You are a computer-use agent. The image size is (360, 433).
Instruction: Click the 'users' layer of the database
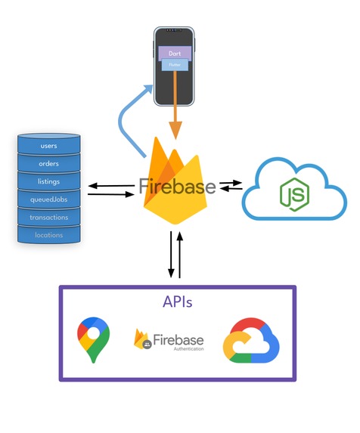coord(48,145)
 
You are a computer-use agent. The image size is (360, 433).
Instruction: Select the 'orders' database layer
coord(48,163)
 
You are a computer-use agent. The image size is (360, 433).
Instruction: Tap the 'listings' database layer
coord(48,181)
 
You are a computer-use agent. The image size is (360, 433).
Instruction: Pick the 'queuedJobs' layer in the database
coord(48,199)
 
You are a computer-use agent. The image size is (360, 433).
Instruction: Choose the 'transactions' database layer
coord(48,218)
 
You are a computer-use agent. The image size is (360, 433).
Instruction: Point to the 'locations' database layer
coord(48,235)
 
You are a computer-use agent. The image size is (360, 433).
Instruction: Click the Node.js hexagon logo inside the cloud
coord(294,193)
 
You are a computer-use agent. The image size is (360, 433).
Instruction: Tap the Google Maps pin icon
coord(93,339)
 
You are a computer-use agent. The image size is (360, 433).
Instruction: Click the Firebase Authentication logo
coord(168,341)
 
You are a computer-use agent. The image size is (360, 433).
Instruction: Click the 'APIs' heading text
coord(177,302)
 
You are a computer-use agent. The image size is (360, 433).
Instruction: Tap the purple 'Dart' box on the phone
coord(175,54)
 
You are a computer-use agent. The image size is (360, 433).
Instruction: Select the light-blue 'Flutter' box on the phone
coord(175,66)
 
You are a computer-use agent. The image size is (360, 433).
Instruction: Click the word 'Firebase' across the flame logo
coord(177,187)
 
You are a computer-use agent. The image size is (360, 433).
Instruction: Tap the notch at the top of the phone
coord(175,31)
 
